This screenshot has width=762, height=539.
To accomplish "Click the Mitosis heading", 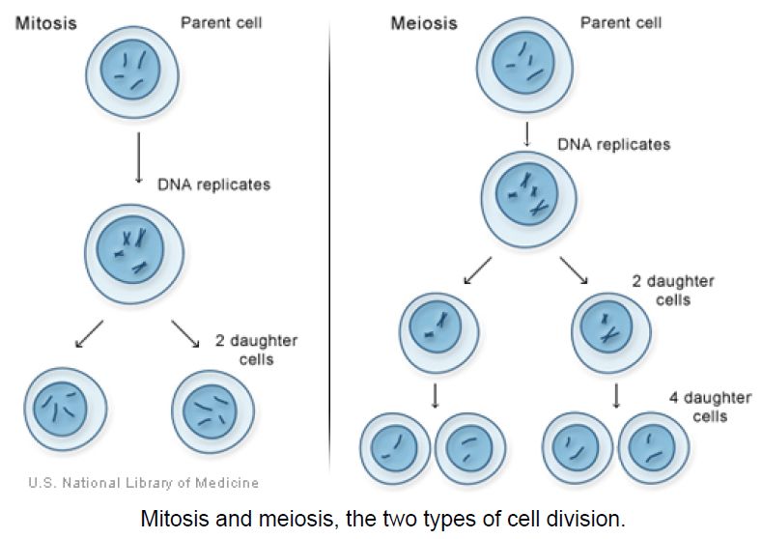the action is tap(46, 23).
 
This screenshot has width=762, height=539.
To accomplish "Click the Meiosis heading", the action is tap(424, 23).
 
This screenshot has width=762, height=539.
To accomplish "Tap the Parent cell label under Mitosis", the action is tap(221, 22).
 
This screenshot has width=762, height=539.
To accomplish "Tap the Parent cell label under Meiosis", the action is tap(621, 22).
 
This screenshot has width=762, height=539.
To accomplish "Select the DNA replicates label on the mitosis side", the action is tap(213, 184).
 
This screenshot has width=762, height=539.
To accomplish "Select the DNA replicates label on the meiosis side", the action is tap(614, 144).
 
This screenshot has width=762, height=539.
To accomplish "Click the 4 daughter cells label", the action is tap(710, 407).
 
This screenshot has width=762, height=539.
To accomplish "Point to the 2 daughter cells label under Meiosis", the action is tap(673, 290).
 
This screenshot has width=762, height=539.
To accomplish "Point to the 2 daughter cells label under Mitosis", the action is tap(256, 350).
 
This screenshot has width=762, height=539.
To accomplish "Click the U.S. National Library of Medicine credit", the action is tap(143, 483).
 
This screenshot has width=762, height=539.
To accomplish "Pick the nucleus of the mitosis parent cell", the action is tap(130, 69).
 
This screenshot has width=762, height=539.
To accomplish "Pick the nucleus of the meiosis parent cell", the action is tap(522, 62).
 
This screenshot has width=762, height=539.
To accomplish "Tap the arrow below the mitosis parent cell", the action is tap(138, 157).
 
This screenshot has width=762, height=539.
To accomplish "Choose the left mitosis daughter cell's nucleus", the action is tap(60, 409).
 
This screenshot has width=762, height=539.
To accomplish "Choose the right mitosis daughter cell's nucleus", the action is tap(210, 411).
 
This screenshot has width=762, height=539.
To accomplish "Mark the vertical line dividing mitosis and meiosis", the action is tap(329, 248).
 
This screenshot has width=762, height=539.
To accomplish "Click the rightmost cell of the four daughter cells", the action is tap(653, 447).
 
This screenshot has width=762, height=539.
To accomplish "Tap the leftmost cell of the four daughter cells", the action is tap(395, 448).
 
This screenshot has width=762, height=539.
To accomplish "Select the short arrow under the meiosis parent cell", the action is tap(526, 134).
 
